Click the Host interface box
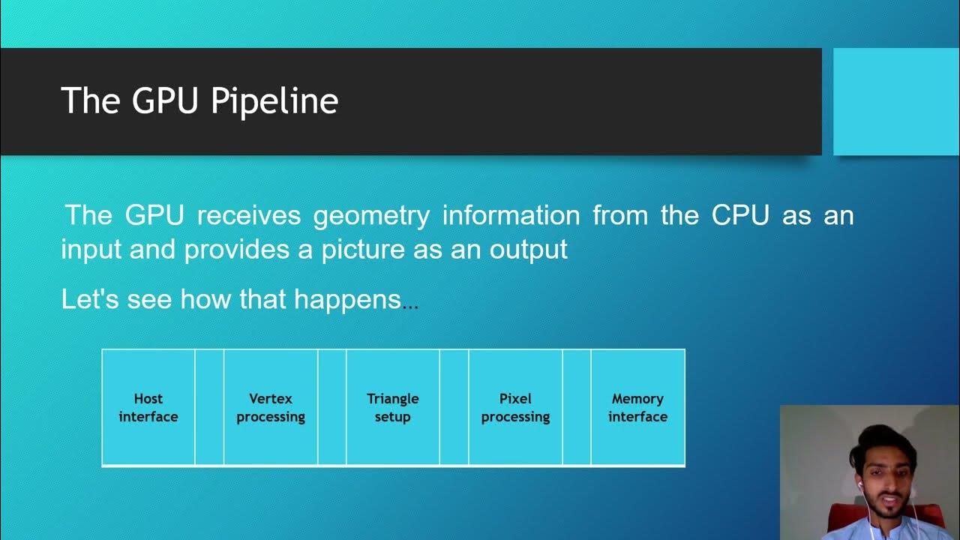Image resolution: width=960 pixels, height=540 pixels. [148, 407]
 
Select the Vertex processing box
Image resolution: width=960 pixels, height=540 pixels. [271, 407]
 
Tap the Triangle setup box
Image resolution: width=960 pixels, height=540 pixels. [392, 407]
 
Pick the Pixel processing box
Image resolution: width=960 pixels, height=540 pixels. [515, 407]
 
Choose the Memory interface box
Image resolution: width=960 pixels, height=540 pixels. [637, 407]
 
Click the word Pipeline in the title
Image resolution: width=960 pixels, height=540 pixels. [274, 101]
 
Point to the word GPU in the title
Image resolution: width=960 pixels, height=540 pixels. [166, 101]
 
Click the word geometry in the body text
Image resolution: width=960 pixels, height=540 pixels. [371, 216]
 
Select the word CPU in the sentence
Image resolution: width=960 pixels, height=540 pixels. [740, 216]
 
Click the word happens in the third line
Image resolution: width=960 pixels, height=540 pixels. [347, 300]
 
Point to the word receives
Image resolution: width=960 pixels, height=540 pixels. [249, 216]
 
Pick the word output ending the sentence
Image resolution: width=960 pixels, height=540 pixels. [529, 250]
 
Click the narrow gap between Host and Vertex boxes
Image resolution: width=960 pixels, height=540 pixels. [209, 407]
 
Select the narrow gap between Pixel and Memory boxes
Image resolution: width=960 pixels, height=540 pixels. [577, 407]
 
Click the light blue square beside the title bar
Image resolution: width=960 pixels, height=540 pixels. [896, 101]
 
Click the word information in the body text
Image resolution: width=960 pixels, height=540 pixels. [511, 216]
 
